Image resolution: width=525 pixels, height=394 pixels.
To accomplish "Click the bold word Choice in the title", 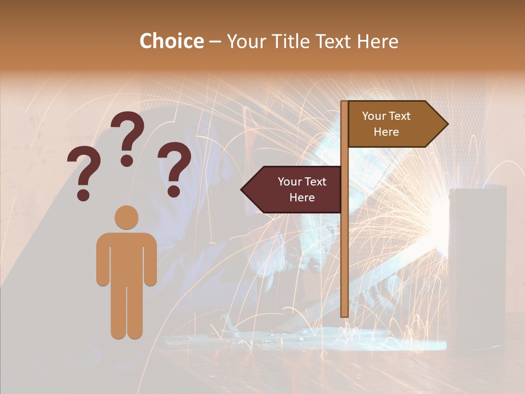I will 171,41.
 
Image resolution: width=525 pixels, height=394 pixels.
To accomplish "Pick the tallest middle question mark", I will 127,137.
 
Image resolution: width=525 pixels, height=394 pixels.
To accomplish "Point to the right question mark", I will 174,167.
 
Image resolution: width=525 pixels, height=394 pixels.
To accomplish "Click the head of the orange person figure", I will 126,218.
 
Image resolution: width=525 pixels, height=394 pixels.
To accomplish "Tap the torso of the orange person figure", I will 126,257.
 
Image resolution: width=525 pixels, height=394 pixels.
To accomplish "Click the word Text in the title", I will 334,41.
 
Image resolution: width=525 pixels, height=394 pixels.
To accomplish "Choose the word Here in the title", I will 377,41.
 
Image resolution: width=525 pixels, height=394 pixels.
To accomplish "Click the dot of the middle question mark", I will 127,160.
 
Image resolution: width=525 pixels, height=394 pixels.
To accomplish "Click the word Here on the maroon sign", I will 302,198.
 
